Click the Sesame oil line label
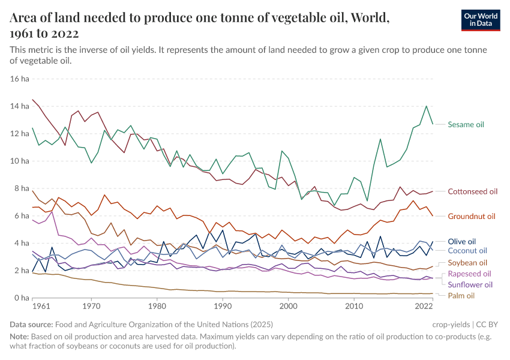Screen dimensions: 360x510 pos(466,124)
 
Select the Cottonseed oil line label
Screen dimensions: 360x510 pos(473,191)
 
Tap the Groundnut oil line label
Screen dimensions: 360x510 pos(472,216)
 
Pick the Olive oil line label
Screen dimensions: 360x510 pos(462,241)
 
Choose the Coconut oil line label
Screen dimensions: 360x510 pos(467,251)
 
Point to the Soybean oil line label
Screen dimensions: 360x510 pos(467,263)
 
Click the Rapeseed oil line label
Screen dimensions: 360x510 pos(469,274)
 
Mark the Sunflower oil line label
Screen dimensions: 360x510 pos(470,284)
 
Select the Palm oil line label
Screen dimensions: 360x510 pos(461,296)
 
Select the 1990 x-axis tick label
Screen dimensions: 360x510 pos(223,307)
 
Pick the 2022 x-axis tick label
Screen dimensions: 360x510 pos(424,307)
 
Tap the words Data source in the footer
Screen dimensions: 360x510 pos(32,325)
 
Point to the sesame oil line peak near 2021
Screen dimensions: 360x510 pos(426,106)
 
